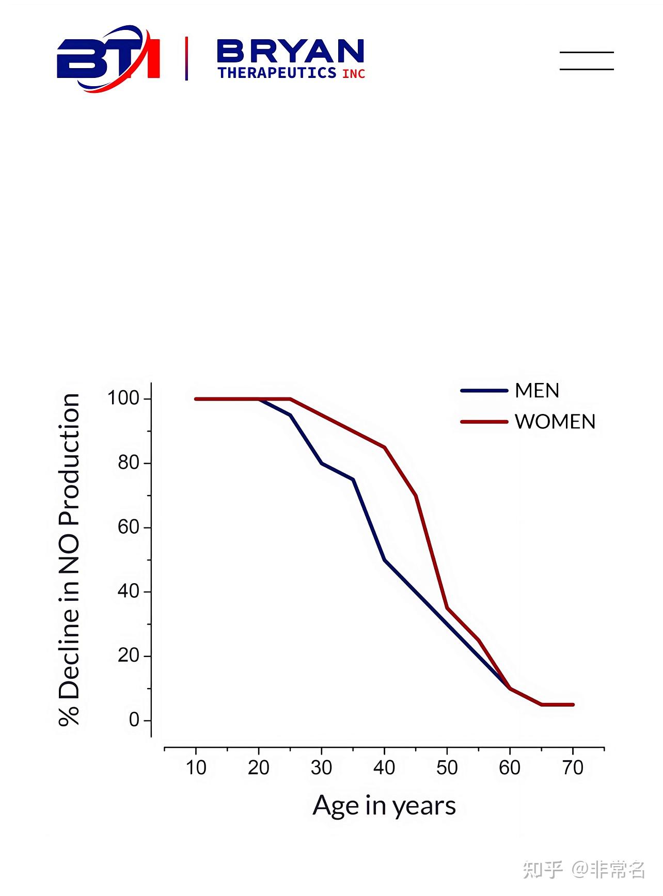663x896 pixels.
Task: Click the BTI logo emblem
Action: [x=108, y=58]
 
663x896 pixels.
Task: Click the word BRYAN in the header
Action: [x=291, y=52]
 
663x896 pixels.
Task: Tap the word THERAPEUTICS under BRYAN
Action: [x=277, y=73]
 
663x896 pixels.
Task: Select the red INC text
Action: [x=354, y=74]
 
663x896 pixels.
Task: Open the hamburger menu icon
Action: [x=587, y=60]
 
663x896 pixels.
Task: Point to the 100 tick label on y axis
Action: [x=123, y=398]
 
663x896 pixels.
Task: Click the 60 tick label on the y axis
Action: [x=128, y=527]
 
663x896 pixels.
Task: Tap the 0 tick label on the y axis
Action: [x=134, y=719]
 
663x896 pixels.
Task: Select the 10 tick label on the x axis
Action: [x=196, y=768]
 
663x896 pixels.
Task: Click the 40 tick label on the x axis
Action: [x=384, y=768]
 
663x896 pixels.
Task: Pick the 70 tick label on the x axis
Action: [x=573, y=768]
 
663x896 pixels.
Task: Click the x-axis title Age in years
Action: [x=384, y=806]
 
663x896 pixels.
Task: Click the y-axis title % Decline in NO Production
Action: [x=69, y=560]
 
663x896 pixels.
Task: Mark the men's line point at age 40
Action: [x=385, y=559]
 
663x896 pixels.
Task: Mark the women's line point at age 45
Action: [x=416, y=495]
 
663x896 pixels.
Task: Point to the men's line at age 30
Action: [x=322, y=463]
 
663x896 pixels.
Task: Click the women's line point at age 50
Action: [x=447, y=608]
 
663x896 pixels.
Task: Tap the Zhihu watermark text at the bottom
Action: [x=583, y=870]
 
